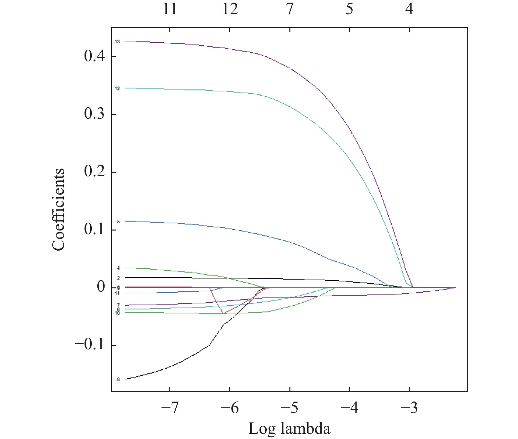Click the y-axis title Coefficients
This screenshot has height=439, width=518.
click(58, 209)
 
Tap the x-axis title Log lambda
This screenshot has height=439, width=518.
click(289, 428)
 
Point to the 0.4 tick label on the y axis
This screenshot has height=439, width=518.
click(94, 56)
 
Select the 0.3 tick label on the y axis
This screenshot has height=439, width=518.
click(94, 114)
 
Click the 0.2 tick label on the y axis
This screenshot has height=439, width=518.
click(94, 172)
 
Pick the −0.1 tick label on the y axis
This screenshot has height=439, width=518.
click(90, 345)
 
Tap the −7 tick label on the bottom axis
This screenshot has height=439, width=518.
click(170, 408)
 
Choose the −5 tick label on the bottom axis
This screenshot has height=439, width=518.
click(289, 408)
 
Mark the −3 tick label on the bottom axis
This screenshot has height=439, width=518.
click(409, 408)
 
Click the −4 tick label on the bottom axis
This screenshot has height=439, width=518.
click(349, 408)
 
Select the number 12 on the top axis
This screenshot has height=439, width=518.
click(230, 9)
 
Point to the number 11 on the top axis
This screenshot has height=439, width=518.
click(170, 9)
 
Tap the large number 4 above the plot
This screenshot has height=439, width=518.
click(409, 9)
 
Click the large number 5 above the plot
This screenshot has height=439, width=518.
click(349, 9)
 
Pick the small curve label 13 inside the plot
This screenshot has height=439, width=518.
click(117, 42)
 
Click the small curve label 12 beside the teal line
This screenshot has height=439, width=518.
click(117, 89)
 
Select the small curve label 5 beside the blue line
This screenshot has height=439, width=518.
click(118, 222)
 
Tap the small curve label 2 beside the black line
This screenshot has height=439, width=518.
click(118, 278)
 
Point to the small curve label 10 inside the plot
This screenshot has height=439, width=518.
click(117, 313)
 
